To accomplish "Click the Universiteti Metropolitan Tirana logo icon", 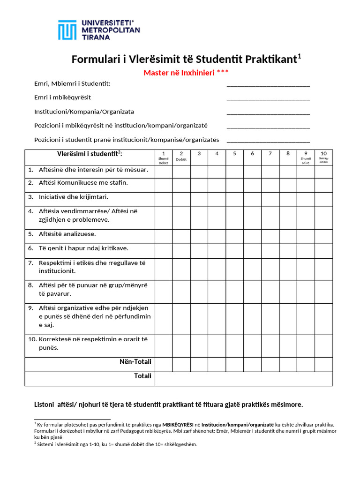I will [x=67, y=30].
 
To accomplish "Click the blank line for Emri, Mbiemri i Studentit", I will [x=268, y=85].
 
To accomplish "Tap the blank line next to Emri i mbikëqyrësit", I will [x=268, y=98].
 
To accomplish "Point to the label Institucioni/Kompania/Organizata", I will [x=84, y=112].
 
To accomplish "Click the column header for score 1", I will [x=163, y=157].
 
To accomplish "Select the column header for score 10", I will [x=323, y=157].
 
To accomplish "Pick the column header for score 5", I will [x=234, y=157].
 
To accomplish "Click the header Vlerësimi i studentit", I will [x=90, y=154].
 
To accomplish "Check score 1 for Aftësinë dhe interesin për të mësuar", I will [x=163, y=172].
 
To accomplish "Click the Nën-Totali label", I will [x=135, y=362].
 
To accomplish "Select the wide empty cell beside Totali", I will [x=244, y=379].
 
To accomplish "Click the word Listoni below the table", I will [x=45, y=405].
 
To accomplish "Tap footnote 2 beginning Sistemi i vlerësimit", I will [x=117, y=444].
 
